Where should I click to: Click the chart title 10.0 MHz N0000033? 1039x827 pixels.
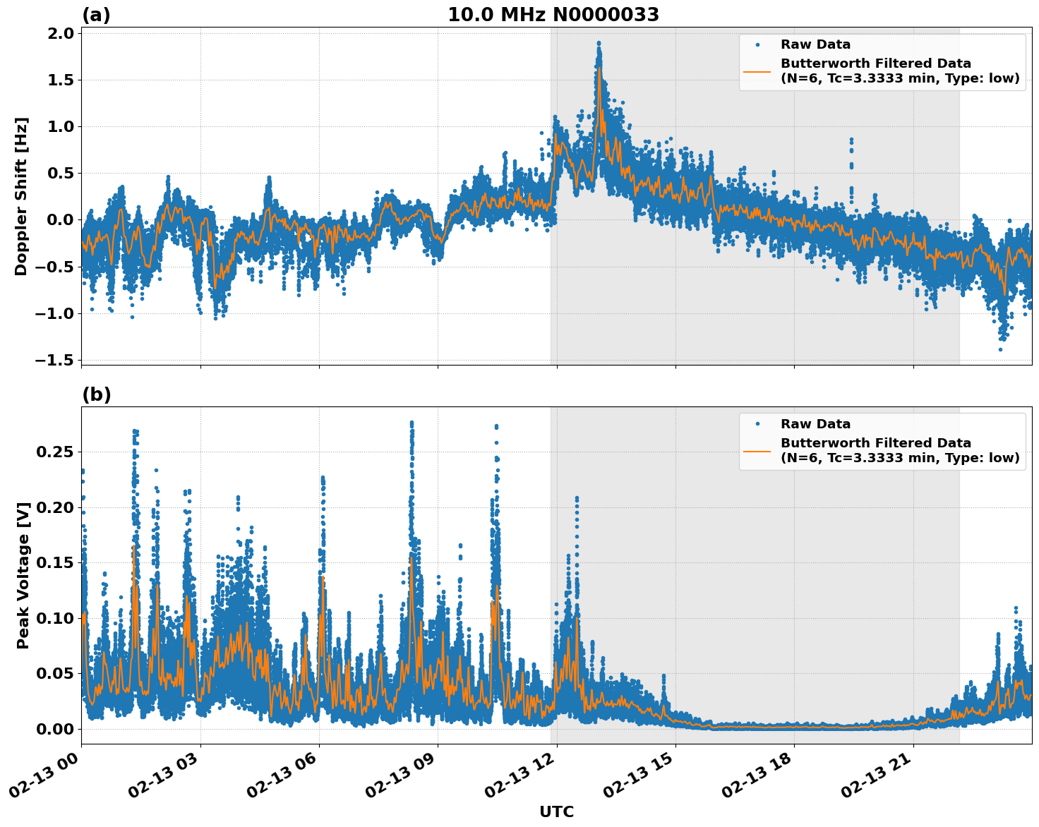553,15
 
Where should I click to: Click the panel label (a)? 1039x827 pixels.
96,15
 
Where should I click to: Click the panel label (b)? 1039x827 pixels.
96,394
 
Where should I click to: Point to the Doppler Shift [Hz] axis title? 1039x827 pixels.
21,196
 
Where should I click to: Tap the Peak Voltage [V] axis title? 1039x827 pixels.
23,575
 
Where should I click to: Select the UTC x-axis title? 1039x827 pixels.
556,811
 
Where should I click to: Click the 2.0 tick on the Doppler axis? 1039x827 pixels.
60,34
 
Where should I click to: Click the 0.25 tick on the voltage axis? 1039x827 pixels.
58,452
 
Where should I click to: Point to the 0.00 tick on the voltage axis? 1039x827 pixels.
58,729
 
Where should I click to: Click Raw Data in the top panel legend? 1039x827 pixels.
815,44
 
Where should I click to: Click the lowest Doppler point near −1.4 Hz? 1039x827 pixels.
1000,349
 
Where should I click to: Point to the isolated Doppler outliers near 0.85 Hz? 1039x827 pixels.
851,141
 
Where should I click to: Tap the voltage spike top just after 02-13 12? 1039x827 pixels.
577,499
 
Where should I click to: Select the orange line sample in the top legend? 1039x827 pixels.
757,71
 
